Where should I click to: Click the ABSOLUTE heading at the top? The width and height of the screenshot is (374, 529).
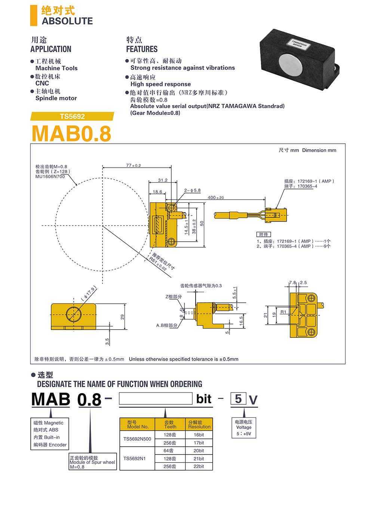pyautogui.click(x=67, y=21)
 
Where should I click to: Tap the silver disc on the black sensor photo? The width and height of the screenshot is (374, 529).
pyautogui.click(x=290, y=65)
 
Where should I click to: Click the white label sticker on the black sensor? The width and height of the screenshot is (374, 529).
pyautogui.click(x=298, y=43)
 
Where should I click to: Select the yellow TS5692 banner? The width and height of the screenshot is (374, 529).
pyautogui.click(x=72, y=116)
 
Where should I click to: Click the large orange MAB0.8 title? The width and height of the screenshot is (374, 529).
pyautogui.click(x=71, y=134)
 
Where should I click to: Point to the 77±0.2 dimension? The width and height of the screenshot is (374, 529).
pyautogui.click(x=134, y=165)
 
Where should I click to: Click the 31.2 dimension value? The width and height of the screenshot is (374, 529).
pyautogui.click(x=163, y=180)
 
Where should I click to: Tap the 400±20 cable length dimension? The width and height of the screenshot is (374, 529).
pyautogui.click(x=215, y=198)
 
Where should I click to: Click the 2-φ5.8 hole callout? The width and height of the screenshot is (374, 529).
pyautogui.click(x=193, y=190)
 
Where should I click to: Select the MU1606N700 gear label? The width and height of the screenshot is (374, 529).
pyautogui.click(x=50, y=177)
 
